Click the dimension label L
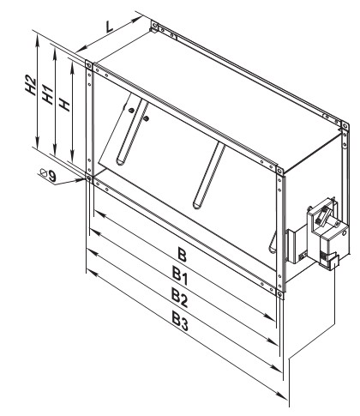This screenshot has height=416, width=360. click(x=110, y=27)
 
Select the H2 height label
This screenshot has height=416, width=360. click(x=31, y=85)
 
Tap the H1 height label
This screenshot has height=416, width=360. click(x=48, y=94)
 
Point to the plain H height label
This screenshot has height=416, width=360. click(x=65, y=104)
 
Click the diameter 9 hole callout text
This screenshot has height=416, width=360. click(x=48, y=175)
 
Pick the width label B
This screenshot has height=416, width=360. click(x=183, y=255)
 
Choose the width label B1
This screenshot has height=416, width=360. click(x=180, y=275)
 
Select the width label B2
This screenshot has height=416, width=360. click(x=180, y=298)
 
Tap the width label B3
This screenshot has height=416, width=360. click(x=180, y=320)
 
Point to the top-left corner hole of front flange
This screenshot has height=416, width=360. click(x=89, y=65)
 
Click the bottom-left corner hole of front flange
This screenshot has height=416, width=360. click(x=88, y=178)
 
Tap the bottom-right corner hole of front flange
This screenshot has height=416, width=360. click(x=279, y=293)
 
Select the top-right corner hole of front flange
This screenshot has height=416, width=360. click(x=279, y=171)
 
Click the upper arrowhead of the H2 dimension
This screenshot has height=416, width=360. click(x=37, y=36)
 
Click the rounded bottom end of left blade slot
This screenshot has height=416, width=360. click(x=120, y=162)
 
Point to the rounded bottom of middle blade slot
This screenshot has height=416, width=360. click(x=197, y=206)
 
